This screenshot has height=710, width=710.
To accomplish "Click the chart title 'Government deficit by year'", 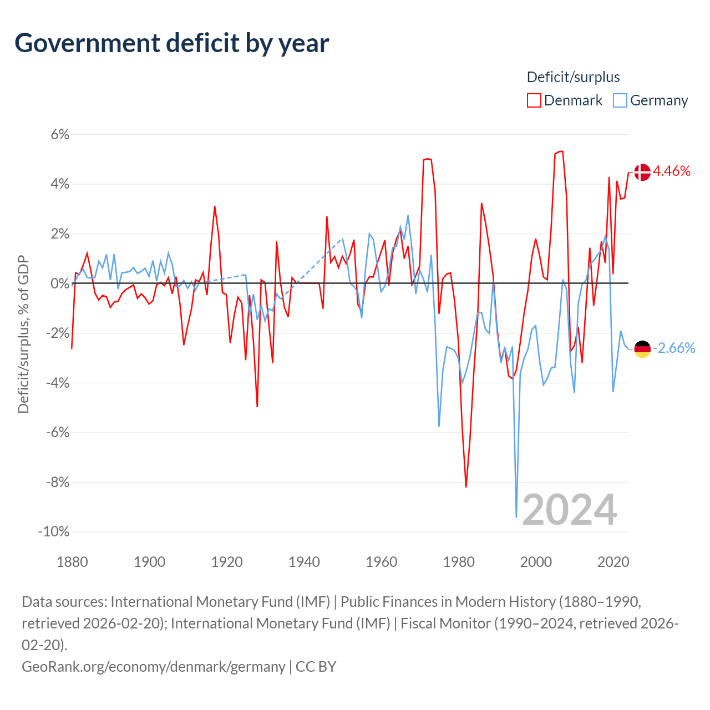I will [172, 43].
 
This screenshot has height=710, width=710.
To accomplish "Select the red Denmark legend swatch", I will [534, 100].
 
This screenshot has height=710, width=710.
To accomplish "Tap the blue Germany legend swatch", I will [620, 100].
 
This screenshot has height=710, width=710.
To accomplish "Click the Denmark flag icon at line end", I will [642, 172].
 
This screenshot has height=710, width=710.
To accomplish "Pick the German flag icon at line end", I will [642, 349].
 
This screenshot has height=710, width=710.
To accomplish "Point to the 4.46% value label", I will [672, 171].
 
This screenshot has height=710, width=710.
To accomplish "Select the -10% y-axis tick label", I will [54, 531].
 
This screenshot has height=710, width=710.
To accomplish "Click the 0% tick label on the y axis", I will [60, 283].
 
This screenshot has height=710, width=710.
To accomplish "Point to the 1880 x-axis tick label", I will [72, 562].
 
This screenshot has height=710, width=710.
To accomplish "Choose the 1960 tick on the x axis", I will [382, 562].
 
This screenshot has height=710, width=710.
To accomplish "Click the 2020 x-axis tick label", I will [613, 562].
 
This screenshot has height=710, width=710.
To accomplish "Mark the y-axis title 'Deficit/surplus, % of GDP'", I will [23, 334].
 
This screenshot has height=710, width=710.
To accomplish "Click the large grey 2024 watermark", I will [570, 510].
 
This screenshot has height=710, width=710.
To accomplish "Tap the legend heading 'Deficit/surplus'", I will [573, 77].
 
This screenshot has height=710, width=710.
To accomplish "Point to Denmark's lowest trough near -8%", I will [466, 486].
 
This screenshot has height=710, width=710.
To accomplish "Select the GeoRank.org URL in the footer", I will [153, 666].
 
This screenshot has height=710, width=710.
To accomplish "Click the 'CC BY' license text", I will [316, 666].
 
